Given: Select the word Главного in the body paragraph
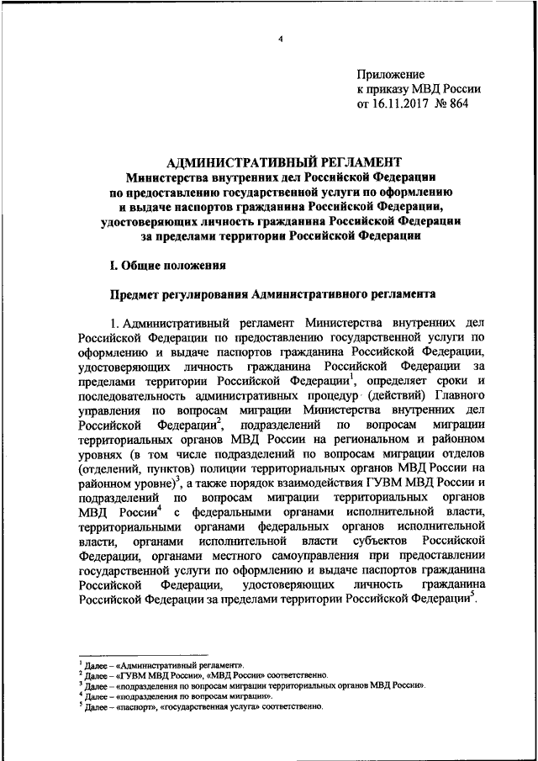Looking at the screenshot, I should (x=462, y=395).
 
